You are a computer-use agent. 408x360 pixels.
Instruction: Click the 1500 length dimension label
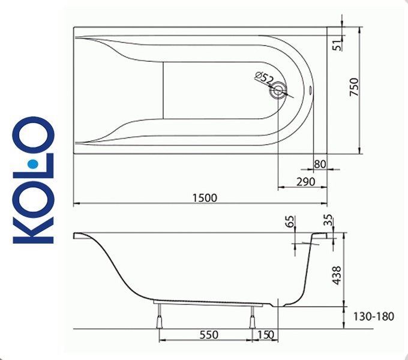[x=205, y=198]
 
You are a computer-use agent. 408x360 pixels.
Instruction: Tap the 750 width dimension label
[x=354, y=87]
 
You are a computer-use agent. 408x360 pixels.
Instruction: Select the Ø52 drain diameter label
[x=264, y=78]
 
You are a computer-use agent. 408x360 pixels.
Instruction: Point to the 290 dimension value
[x=306, y=182]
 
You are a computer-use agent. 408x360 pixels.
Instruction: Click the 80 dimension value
[x=320, y=164]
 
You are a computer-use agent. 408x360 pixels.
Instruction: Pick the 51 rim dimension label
[x=338, y=46]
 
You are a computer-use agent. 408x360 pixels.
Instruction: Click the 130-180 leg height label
[x=373, y=317]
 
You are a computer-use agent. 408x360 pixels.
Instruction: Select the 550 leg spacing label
[x=209, y=335]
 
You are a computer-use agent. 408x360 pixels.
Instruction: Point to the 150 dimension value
[x=265, y=335]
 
